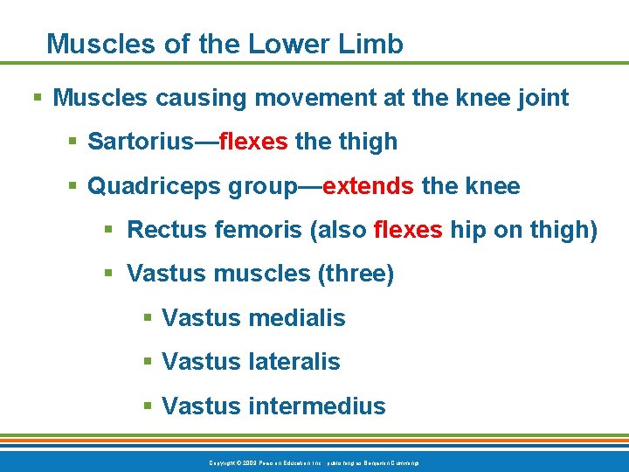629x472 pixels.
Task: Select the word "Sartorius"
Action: click(142, 142)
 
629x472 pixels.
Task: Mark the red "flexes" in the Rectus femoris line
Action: click(408, 231)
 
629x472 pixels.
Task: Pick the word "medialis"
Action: click(297, 319)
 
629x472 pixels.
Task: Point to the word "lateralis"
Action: click(294, 362)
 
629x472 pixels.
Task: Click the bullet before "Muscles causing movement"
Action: click(35, 98)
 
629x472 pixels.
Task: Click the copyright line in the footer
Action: click(314, 462)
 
